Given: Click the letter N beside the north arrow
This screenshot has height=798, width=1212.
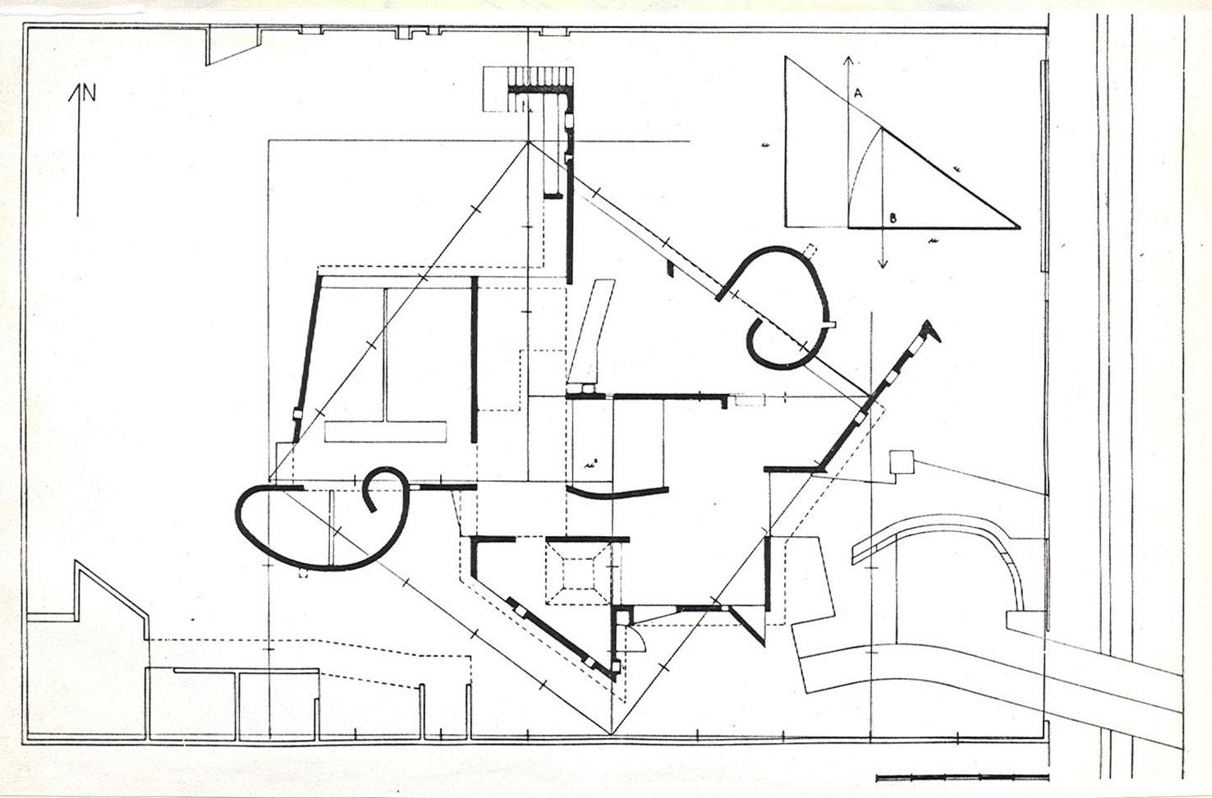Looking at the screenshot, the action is (89, 93).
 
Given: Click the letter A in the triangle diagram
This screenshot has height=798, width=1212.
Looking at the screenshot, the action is (857, 94).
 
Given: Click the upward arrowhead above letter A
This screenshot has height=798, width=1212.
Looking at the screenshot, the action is (848, 59).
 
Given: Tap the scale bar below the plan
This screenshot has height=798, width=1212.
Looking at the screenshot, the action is (962, 777).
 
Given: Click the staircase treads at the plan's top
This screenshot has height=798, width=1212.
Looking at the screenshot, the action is (539, 77).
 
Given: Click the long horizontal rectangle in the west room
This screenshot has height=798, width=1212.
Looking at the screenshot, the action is (386, 432).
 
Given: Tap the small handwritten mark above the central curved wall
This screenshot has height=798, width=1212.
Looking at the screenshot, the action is (590, 463).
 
